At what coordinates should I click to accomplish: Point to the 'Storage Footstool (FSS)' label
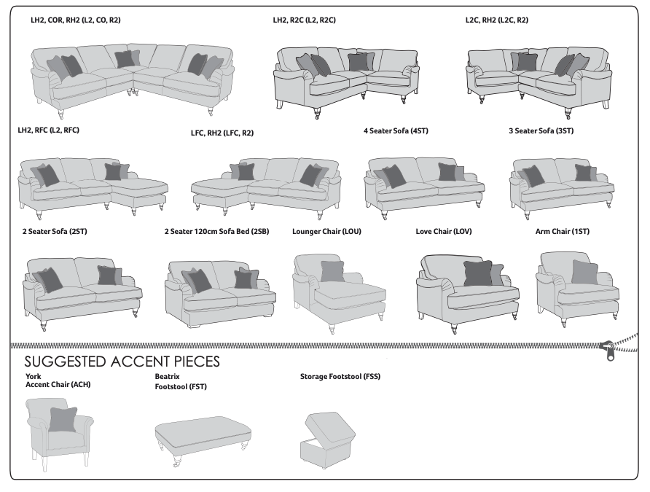point(340,377)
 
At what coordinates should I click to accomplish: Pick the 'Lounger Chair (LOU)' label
point(326,232)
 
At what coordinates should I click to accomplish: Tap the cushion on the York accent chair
point(63,419)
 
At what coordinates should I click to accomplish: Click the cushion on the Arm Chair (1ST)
point(584,272)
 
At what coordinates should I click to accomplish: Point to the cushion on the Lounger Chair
point(332,271)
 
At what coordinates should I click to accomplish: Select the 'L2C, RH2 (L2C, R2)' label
point(496,20)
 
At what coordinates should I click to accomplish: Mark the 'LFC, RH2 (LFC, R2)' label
point(222,133)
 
